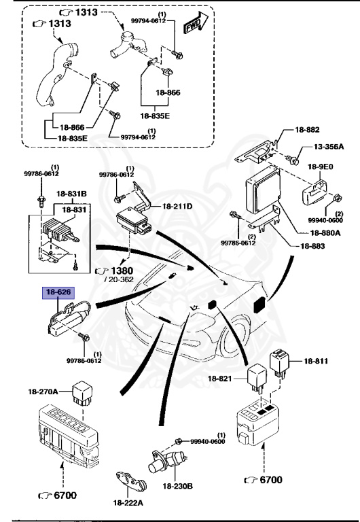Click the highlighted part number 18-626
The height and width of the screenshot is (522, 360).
[58, 293]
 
